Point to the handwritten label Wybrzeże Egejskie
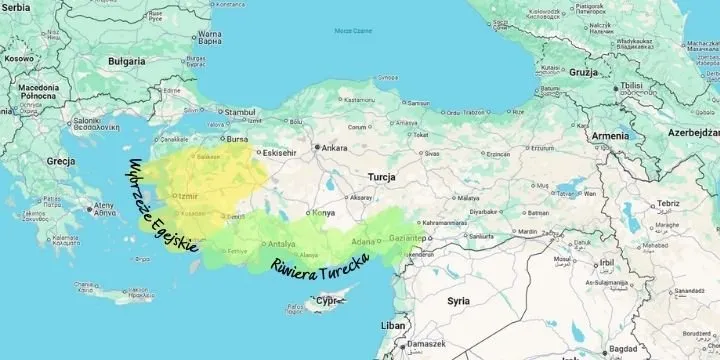coord(154,206)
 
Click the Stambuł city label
coord(239,112)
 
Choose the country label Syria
coord(458,300)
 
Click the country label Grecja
coord(61,161)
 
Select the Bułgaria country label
coord(127,59)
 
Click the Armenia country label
coord(611,136)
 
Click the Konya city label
coord(323,213)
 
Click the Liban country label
coord(394,326)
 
